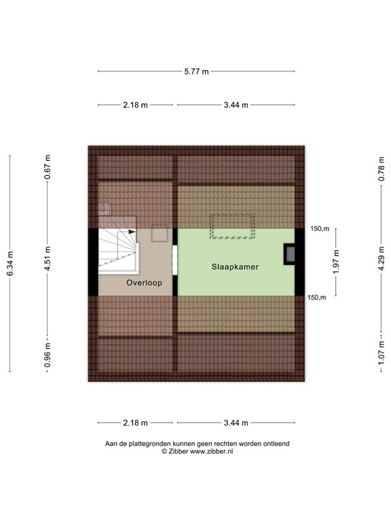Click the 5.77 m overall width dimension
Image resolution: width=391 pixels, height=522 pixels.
197,71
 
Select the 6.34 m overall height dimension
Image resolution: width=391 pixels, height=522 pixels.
10,263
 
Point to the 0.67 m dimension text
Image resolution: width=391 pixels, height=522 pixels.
48,167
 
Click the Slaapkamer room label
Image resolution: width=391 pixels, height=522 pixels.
230,267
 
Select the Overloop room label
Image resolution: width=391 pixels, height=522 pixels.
144,283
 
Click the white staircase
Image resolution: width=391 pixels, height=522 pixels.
117,249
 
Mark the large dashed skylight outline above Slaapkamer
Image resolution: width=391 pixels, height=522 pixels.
231,226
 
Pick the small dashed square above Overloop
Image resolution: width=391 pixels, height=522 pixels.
160,234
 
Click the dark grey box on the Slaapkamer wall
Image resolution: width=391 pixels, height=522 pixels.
290,254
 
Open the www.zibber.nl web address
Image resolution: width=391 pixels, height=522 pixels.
211,451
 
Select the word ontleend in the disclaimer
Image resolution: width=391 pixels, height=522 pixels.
276,444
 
